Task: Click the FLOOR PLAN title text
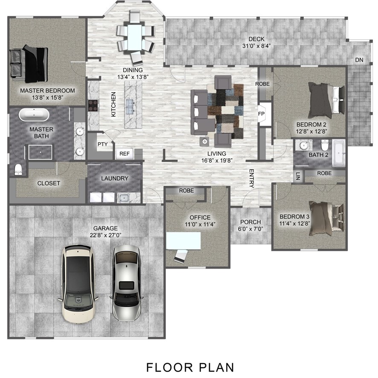pos(190,366)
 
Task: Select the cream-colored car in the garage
pos(79,283)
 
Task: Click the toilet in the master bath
pos(18,169)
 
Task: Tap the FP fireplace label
pos(262,114)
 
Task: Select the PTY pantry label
pos(102,144)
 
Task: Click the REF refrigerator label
pos(124,154)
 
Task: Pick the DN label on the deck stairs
pos(359,60)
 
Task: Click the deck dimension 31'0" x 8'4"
pos(257,46)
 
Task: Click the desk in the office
pos(184,241)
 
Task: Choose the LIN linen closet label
pos(298,175)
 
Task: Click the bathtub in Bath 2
pos(340,153)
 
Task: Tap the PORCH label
pos(250,222)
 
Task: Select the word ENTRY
pos(252,178)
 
